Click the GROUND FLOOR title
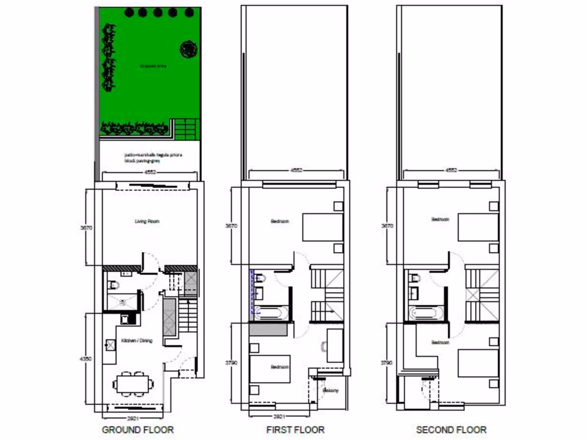(138, 430)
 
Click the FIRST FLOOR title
(295, 430)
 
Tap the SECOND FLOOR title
(451, 430)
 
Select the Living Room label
(147, 221)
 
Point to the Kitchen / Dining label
(136, 341)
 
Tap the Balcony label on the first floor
(331, 391)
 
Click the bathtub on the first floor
(269, 312)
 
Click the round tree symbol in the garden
(188, 50)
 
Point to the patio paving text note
(147, 158)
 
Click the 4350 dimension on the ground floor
(85, 359)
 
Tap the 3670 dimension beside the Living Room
(85, 227)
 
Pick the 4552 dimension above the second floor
(451, 170)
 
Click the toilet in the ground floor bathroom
(114, 284)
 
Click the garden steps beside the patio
(187, 128)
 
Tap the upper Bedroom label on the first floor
(280, 221)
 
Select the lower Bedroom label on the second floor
(440, 342)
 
